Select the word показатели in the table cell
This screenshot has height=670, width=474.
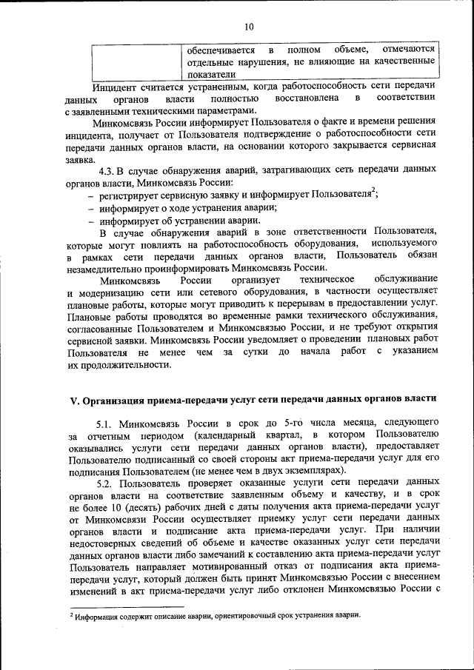point(210,74)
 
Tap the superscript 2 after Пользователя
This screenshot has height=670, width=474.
point(374,191)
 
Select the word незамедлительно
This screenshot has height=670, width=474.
point(110,267)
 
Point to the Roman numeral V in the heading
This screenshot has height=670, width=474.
point(73,402)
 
